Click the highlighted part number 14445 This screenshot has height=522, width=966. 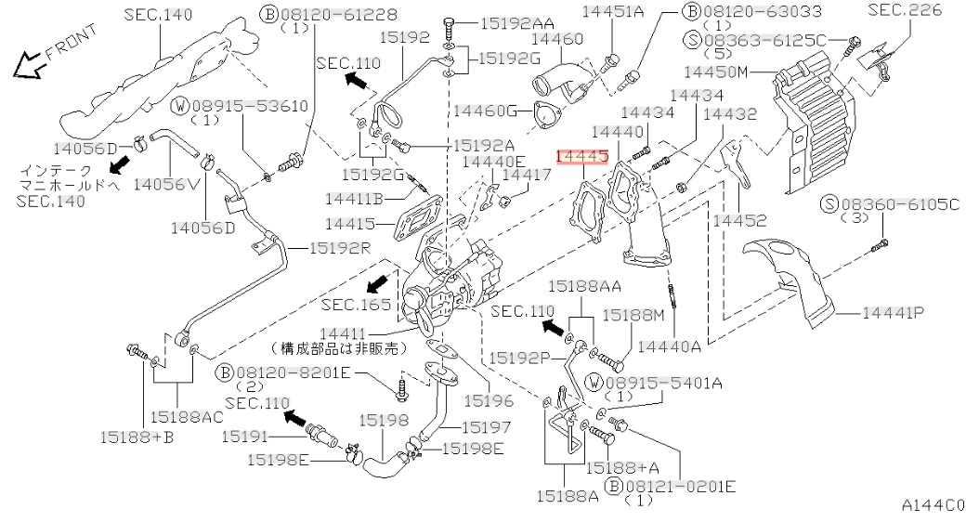(x=581, y=159)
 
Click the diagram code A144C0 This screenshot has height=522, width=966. (x=932, y=506)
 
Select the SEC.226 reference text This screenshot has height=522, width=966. (x=905, y=10)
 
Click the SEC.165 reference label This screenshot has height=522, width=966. (x=351, y=304)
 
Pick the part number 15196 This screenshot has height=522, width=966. (x=489, y=400)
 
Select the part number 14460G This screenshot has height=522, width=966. (x=484, y=111)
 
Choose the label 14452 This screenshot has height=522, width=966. (x=740, y=220)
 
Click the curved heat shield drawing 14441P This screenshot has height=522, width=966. (x=790, y=279)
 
